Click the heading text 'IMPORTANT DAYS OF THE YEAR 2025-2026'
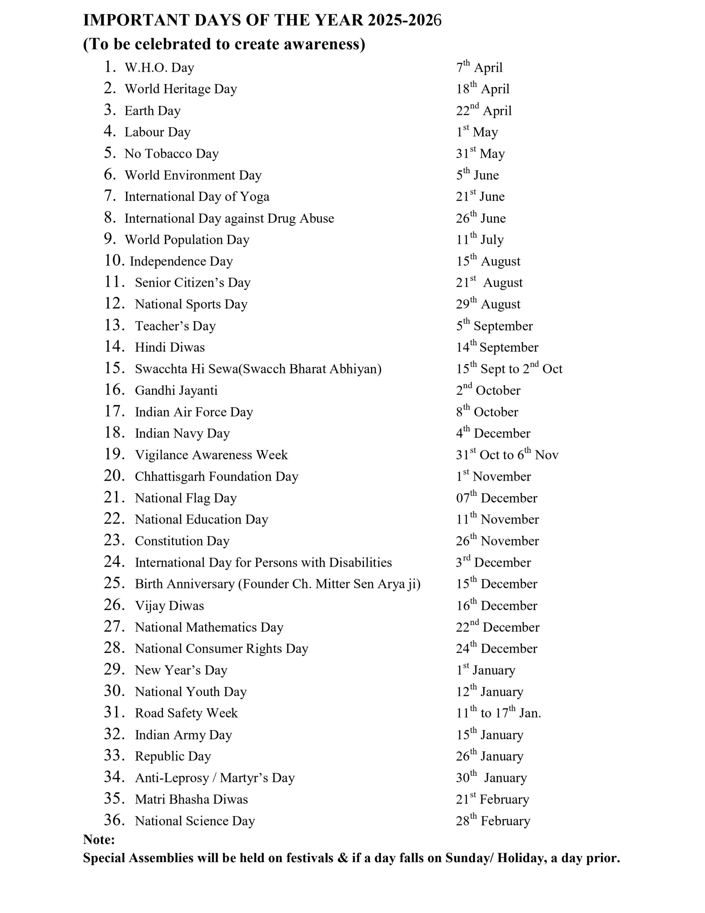tap(262, 20)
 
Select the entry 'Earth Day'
tap(152, 111)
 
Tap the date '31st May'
tap(480, 153)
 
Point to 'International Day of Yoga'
tap(197, 197)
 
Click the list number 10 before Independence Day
tap(114, 261)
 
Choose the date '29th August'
tap(488, 304)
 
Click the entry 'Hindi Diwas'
tap(170, 347)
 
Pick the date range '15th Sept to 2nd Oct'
tap(509, 369)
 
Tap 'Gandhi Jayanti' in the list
tap(176, 391)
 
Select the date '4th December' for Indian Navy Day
tap(493, 433)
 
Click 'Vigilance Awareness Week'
tap(211, 455)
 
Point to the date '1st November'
tap(493, 476)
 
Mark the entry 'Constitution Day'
tap(182, 541)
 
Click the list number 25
tap(114, 583)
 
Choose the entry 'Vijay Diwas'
tap(169, 606)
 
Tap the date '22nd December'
tap(497, 627)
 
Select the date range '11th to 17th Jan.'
tap(498, 713)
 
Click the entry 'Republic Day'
tap(173, 756)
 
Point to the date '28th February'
tap(493, 821)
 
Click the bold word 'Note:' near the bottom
tap(99, 840)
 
